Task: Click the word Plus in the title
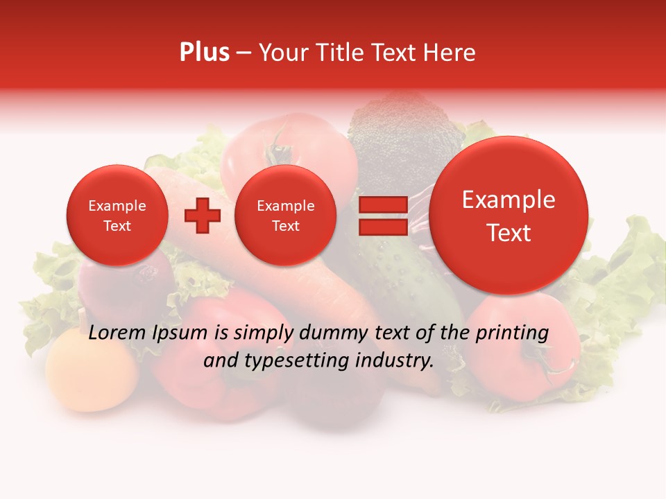point(204,53)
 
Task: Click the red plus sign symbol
point(202,216)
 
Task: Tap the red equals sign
point(383,216)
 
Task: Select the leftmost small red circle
point(117,216)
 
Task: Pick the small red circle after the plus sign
point(285,216)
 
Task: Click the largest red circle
point(509,216)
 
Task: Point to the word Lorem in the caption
point(118,333)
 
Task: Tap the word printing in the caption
point(511,333)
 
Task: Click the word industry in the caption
point(395,361)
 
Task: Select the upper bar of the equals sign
point(383,205)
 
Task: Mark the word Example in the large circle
point(509,200)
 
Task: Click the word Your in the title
point(283,53)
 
